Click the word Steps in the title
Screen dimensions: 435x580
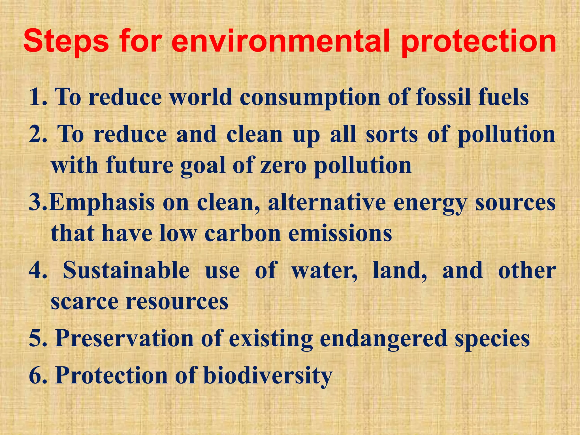(x=66, y=42)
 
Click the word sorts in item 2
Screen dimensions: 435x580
(x=392, y=134)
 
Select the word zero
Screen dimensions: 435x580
(x=283, y=165)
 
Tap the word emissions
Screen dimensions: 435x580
(x=340, y=234)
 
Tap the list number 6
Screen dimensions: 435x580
(x=37, y=375)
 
